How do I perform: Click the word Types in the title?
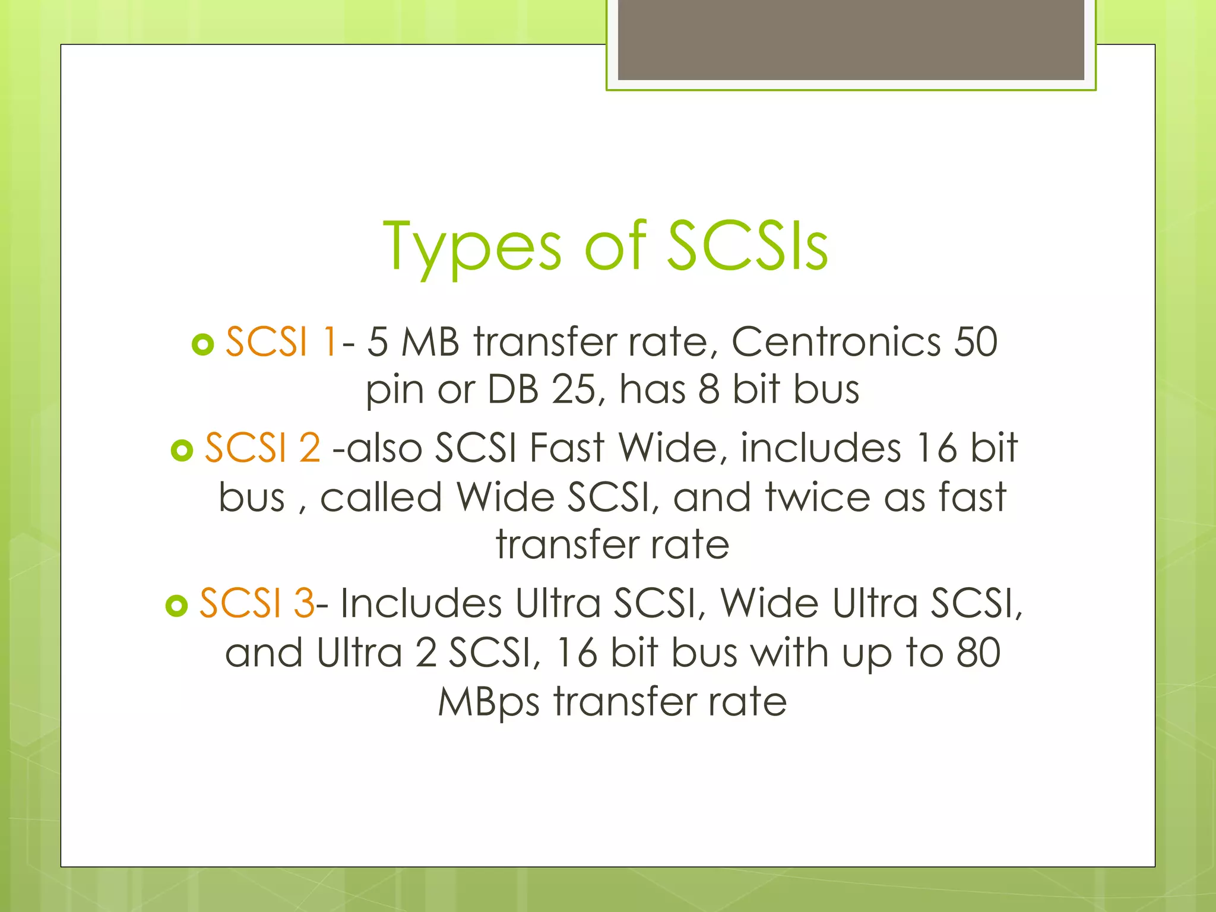coord(472,246)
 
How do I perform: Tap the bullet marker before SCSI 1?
coord(203,344)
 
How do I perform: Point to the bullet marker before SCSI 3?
coord(177,606)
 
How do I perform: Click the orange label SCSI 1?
coord(281,342)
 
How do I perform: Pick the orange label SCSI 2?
coord(262,448)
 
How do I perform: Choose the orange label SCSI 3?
coord(256,603)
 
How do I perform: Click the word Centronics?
coord(835,342)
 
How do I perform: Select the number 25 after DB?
coord(573,390)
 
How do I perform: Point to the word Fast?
coord(566,448)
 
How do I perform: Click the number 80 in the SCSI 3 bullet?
coord(978,653)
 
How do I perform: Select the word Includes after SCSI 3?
coord(421,603)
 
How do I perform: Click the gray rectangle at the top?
coord(851,40)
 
